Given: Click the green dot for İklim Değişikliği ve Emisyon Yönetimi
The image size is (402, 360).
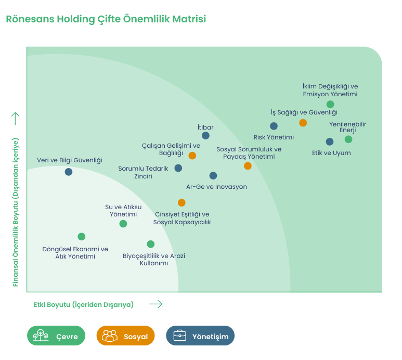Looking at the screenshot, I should pyautogui.click(x=330, y=105).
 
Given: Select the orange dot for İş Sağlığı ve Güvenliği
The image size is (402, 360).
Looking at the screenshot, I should pyautogui.click(x=303, y=123).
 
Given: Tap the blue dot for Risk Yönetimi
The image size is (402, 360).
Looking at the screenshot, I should pyautogui.click(x=274, y=126).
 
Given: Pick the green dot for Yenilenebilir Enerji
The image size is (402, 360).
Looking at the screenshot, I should pyautogui.click(x=348, y=139).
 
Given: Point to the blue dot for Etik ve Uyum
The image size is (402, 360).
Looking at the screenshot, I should pyautogui.click(x=329, y=142).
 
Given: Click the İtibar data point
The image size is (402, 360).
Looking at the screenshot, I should pyautogui.click(x=205, y=136).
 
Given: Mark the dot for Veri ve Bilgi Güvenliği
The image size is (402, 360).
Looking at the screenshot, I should pyautogui.click(x=69, y=172).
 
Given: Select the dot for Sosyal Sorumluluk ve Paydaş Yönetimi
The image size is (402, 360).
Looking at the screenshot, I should pyautogui.click(x=248, y=166).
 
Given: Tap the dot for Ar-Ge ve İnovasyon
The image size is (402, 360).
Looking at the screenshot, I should pyautogui.click(x=213, y=176).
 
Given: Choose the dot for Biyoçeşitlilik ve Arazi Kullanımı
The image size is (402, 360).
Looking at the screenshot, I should pyautogui.click(x=151, y=244).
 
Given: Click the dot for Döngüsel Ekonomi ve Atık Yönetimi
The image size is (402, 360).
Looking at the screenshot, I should pyautogui.click(x=81, y=237).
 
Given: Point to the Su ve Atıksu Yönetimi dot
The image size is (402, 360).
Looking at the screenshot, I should pyautogui.click(x=123, y=224).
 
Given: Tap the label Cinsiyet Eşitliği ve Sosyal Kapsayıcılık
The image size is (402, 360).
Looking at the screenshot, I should pyautogui.click(x=181, y=218).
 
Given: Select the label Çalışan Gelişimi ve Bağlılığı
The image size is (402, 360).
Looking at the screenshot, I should pyautogui.click(x=171, y=149).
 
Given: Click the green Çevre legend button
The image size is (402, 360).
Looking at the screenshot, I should pyautogui.click(x=56, y=336).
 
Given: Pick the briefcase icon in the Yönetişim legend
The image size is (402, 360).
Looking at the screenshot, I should pyautogui.click(x=179, y=336).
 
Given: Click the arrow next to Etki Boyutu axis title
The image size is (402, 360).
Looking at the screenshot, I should pyautogui.click(x=155, y=304).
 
